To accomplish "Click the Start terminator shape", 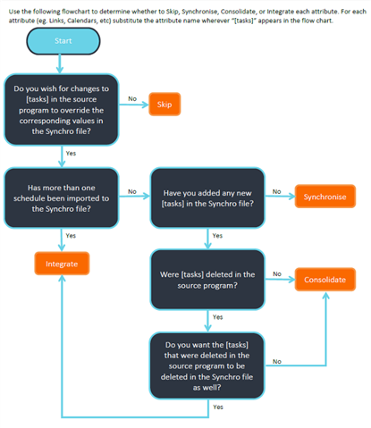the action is [63, 41].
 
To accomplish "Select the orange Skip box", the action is [164, 105].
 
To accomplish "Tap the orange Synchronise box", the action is [325, 197].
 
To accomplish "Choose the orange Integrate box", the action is [62, 264].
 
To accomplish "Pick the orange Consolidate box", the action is [325, 280].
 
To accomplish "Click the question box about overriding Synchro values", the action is [62, 110].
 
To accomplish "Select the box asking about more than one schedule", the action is [62, 198].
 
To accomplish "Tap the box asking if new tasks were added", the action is [207, 198].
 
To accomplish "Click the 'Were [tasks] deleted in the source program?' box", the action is [207, 280].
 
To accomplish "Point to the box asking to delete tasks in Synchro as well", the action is [207, 365].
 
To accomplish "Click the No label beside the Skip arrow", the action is [132, 98].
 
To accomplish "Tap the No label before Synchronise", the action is [276, 191].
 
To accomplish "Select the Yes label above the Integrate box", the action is [71, 236].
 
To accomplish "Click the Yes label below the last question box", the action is [218, 407].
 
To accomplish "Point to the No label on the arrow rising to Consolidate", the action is [277, 361].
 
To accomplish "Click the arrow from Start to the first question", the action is [60, 63].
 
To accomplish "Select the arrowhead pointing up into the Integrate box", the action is [62, 278].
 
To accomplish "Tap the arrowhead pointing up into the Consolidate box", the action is [326, 295].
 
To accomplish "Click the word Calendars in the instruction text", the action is [81, 21].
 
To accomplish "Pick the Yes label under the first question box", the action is [71, 153].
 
